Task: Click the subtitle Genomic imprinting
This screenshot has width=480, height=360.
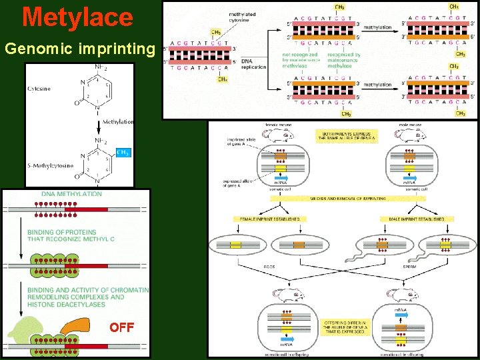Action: click(79, 49)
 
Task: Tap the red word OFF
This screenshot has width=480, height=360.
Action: click(122, 327)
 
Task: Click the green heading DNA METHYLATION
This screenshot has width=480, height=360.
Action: click(72, 195)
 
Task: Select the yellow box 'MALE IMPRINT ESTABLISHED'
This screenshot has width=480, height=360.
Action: click(417, 219)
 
